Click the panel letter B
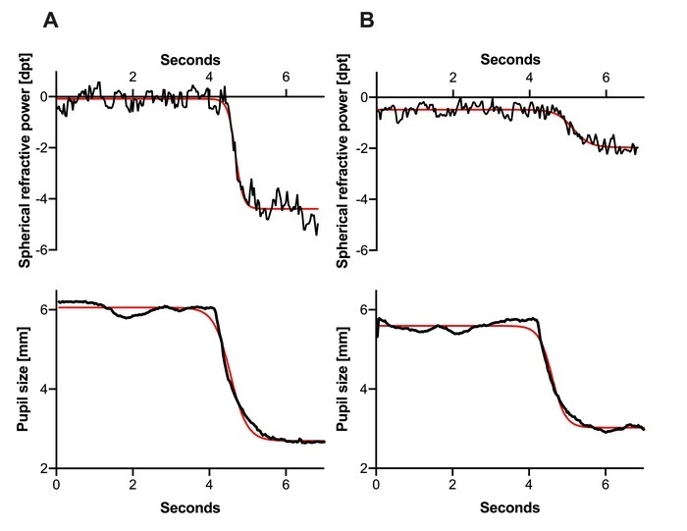click(x=368, y=19)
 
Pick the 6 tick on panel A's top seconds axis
click(x=286, y=78)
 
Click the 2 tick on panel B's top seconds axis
click(x=452, y=78)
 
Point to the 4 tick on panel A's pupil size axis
click(x=45, y=389)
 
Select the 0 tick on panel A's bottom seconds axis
click(x=57, y=485)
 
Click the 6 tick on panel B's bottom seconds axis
click(x=606, y=485)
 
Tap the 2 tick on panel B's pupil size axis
click(x=365, y=468)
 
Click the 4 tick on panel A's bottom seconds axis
click(x=209, y=485)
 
